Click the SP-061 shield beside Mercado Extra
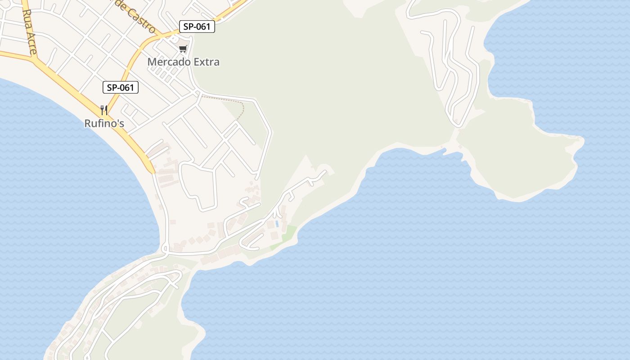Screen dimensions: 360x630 point(197,27)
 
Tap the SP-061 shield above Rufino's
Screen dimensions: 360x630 point(120,87)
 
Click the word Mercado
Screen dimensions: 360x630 point(168,62)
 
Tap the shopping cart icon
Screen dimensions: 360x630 point(183,49)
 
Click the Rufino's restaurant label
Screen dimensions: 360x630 point(104,123)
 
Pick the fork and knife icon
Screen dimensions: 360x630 point(104,110)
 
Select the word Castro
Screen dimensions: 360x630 point(141,20)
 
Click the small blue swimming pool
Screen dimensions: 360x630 point(277,223)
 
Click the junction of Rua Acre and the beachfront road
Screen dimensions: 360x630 point(36,59)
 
